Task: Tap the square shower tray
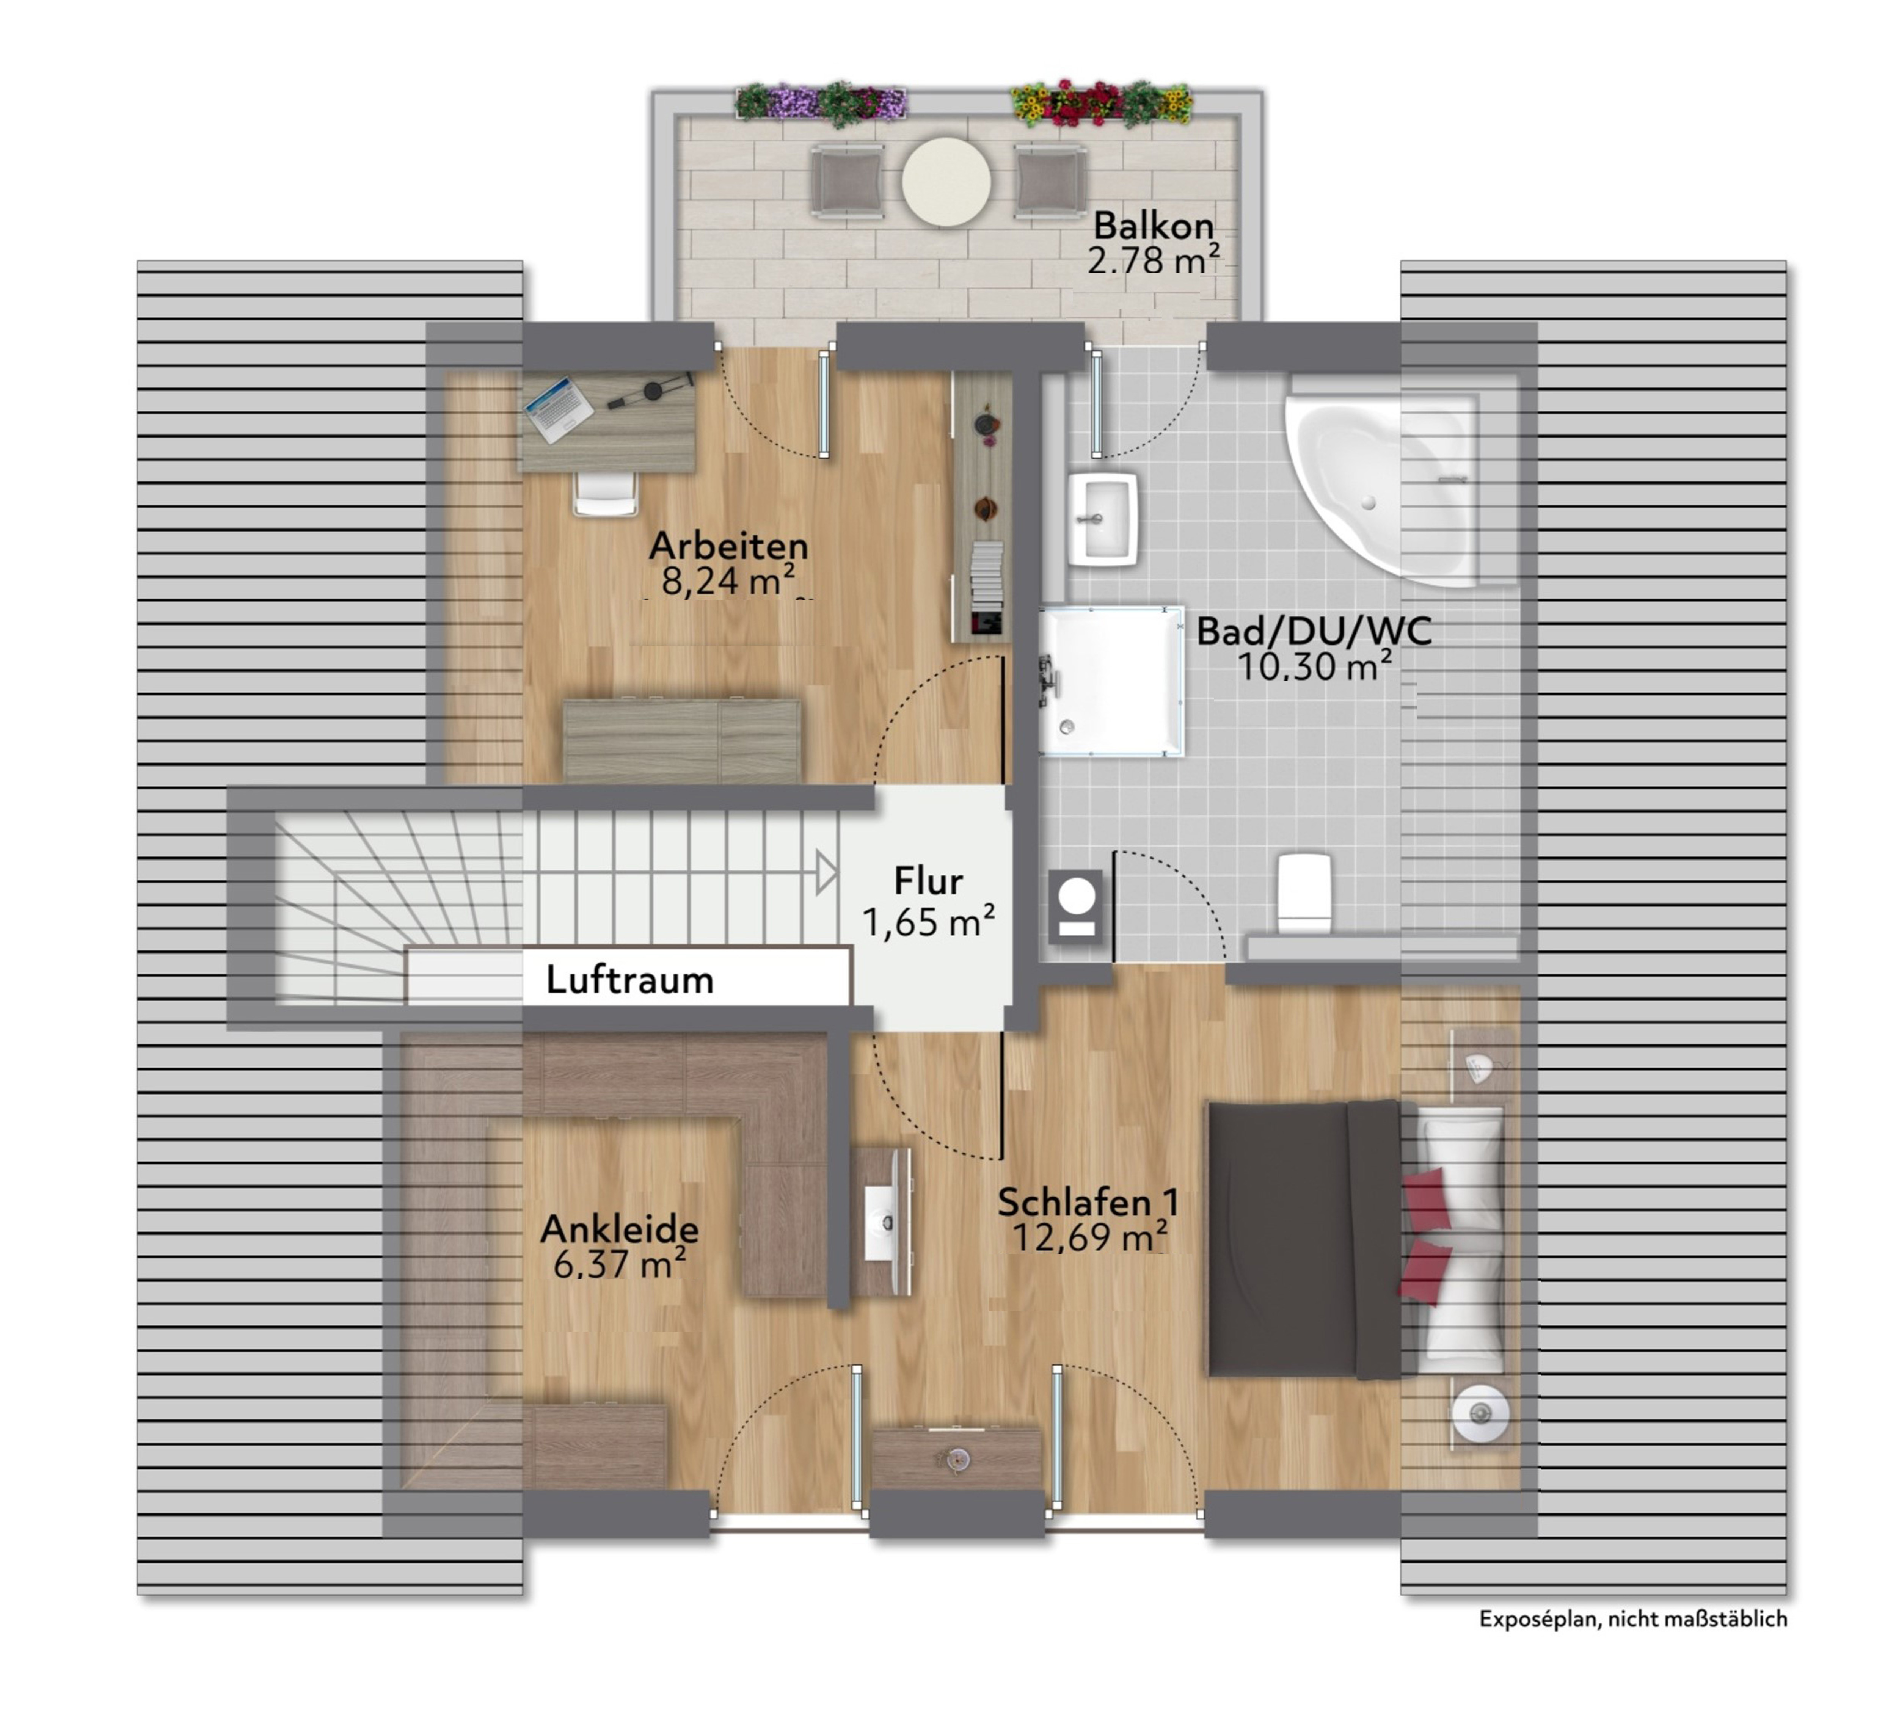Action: pos(1111,681)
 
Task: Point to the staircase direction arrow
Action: pos(826,873)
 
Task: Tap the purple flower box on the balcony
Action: pos(821,102)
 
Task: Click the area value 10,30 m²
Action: pos(1314,667)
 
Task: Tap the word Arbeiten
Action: pos(729,546)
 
